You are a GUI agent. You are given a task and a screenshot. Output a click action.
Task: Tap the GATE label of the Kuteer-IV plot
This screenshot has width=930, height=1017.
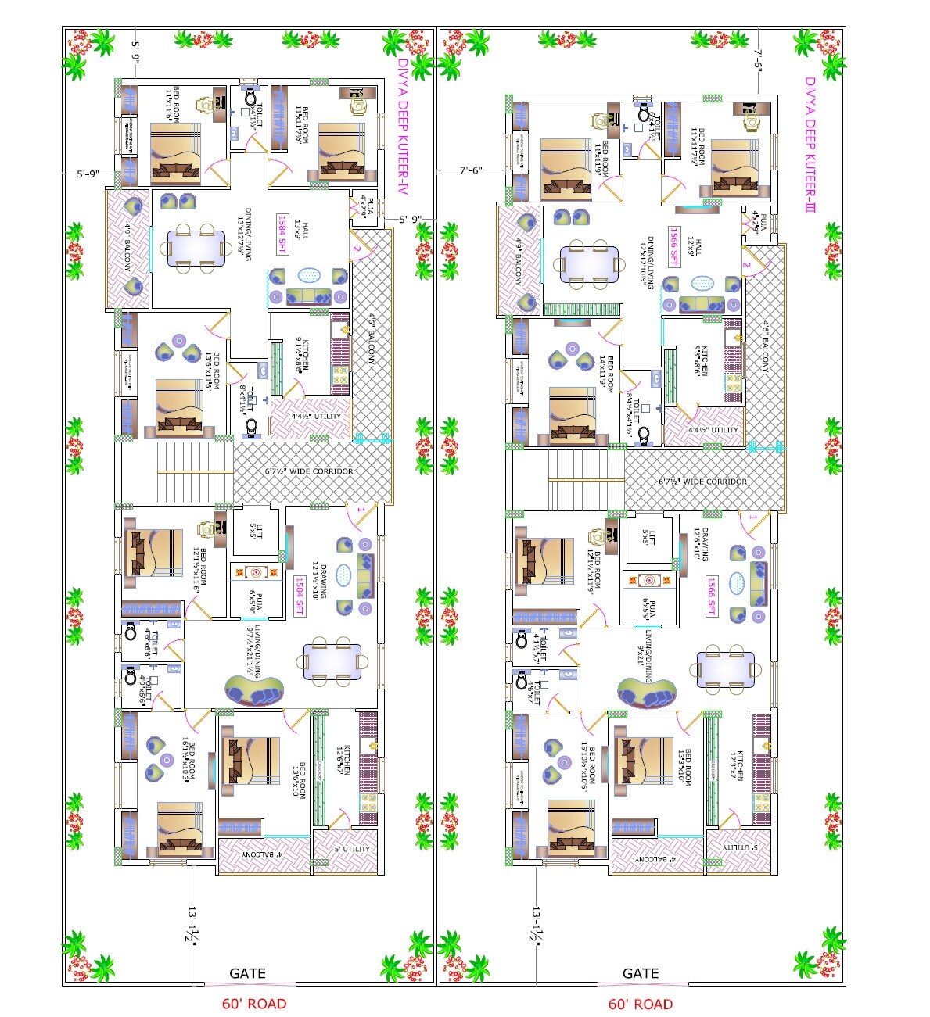point(247,973)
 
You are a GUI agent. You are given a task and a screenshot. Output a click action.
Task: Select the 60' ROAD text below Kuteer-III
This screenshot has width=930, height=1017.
point(640,1004)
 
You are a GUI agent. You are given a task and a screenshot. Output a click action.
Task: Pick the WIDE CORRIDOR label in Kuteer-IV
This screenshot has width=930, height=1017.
point(308,471)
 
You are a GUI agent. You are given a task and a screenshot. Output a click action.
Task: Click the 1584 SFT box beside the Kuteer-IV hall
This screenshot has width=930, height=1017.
point(282,234)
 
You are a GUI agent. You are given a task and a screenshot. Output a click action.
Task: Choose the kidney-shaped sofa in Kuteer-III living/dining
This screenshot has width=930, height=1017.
point(647,692)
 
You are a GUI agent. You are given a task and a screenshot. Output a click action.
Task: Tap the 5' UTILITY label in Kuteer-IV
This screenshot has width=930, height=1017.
point(352,849)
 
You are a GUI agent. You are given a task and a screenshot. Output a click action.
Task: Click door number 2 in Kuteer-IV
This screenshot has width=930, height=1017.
point(356,249)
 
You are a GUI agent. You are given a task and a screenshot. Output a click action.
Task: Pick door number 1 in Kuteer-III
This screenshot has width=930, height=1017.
point(752,517)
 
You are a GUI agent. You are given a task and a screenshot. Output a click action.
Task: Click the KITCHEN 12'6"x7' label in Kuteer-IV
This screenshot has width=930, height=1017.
point(343,761)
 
